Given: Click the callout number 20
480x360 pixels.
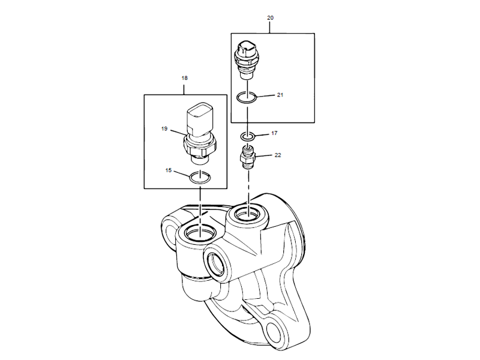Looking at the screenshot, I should [270, 18].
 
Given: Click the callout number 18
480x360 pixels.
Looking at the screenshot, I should [184, 78].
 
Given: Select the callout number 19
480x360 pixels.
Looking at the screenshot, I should [164, 128].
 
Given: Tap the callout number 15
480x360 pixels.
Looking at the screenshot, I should [169, 171].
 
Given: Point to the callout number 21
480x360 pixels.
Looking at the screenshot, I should [280, 95].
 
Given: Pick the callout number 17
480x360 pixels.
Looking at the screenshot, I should [274, 133].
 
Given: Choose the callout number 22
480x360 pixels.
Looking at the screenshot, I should [277, 155].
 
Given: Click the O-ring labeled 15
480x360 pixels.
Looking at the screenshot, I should [199, 177].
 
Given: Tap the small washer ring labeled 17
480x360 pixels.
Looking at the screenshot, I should [248, 136].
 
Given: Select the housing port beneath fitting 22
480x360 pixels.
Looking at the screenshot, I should [248, 212].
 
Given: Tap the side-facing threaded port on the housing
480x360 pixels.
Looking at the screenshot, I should [215, 262].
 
